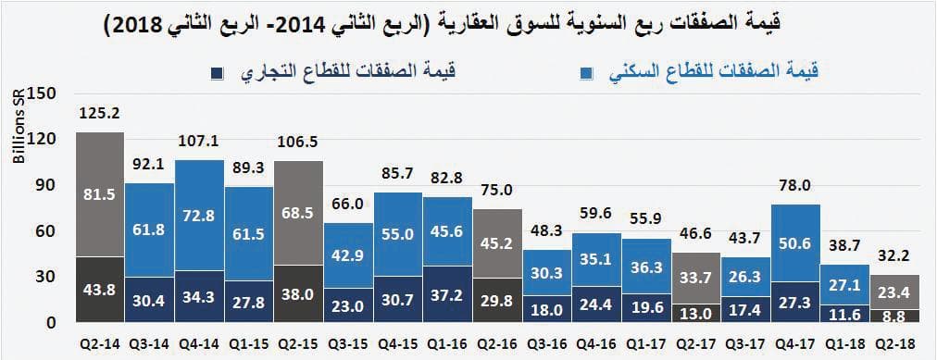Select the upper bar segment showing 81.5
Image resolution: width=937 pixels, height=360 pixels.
99,194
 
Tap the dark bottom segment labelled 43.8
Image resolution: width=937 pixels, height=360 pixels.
99,290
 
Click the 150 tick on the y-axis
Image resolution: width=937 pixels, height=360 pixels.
44,93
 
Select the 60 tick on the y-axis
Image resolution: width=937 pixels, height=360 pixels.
47,230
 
